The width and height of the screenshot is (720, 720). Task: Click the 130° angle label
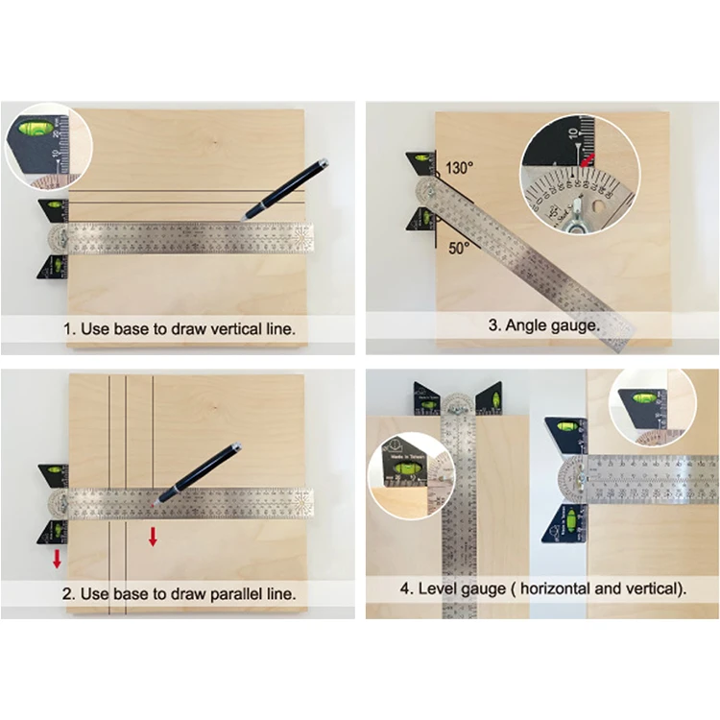click(x=459, y=168)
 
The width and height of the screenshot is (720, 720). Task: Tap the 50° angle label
click(x=458, y=248)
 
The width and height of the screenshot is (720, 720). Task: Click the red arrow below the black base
click(x=58, y=558)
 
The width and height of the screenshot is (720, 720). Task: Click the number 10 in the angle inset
click(x=573, y=131)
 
